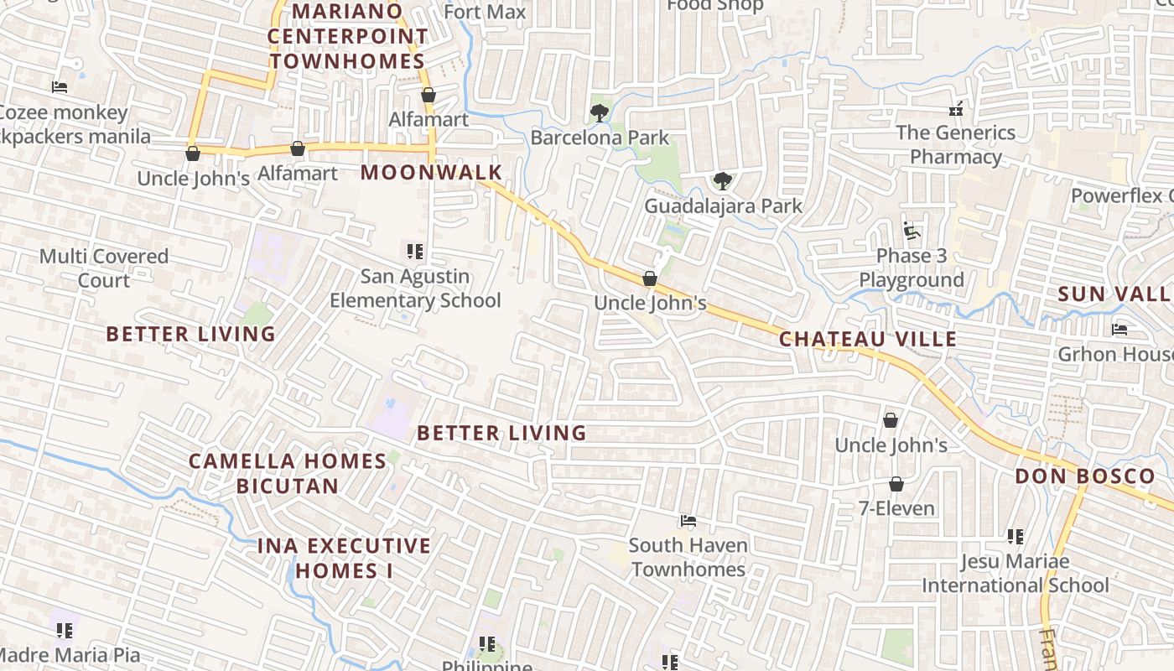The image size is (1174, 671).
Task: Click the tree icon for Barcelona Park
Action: click(599, 112)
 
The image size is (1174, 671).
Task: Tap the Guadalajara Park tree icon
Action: click(722, 180)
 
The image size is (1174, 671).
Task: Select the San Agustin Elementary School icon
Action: click(414, 251)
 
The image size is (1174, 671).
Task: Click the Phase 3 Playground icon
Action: click(911, 230)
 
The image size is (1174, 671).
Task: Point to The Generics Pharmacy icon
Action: click(955, 108)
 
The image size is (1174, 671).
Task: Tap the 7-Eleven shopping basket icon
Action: click(896, 484)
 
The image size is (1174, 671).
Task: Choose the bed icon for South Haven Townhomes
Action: click(688, 521)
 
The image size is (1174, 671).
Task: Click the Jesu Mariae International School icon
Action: click(1015, 536)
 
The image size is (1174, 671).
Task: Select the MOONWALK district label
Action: click(432, 173)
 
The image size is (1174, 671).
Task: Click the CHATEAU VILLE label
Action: click(868, 339)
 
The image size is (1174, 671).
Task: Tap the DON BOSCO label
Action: click(1085, 476)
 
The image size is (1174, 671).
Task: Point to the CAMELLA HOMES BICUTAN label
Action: click(287, 473)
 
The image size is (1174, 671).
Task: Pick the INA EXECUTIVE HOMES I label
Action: click(344, 558)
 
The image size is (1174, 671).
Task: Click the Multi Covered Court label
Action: click(104, 268)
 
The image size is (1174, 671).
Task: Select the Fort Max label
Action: click(485, 12)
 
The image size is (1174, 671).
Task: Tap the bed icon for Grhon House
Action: click(1119, 329)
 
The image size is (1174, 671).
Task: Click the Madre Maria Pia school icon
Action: click(65, 630)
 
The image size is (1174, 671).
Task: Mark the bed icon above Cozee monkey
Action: click(59, 86)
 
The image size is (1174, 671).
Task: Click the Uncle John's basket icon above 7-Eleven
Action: click(891, 419)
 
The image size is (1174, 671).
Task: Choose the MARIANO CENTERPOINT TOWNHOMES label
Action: click(347, 37)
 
